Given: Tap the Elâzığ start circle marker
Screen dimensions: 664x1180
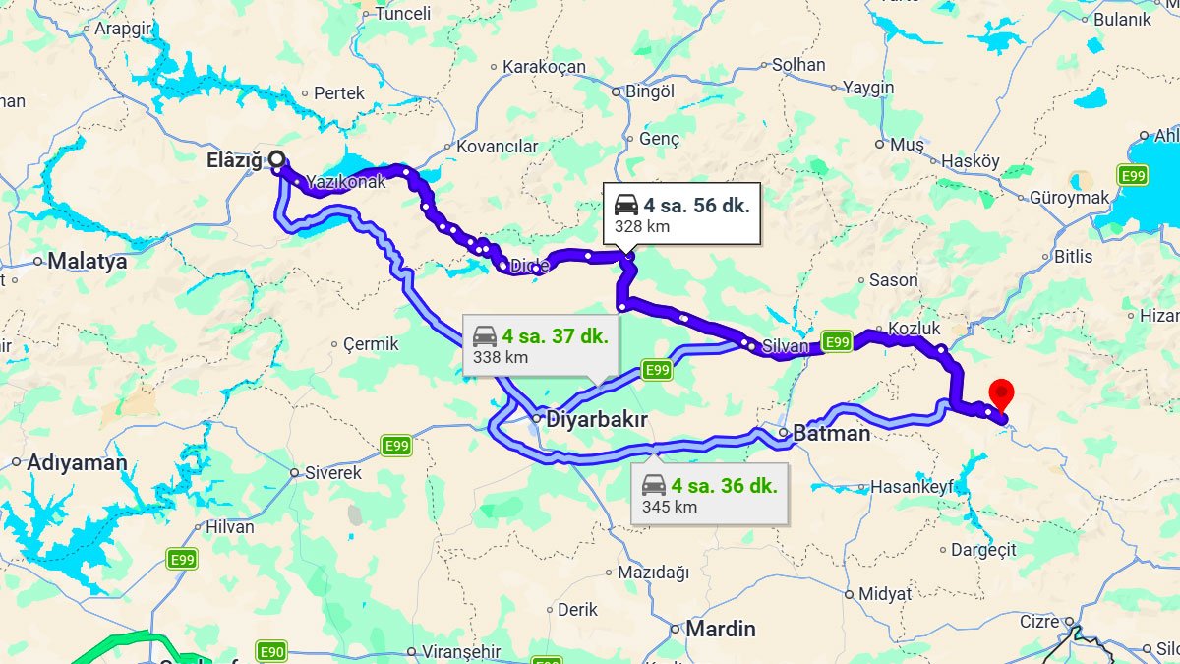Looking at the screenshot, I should [277, 158].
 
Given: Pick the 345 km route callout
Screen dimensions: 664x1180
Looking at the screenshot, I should [709, 495].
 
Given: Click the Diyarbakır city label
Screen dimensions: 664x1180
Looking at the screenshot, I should [597, 420].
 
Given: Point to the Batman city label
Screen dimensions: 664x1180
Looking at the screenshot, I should [831, 433].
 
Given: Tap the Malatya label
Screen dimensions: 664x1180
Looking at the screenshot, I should [88, 262].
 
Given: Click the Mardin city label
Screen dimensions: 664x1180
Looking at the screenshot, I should [721, 628].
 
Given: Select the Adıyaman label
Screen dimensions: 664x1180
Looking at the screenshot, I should [77, 462].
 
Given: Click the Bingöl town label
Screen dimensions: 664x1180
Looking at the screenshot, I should [651, 91].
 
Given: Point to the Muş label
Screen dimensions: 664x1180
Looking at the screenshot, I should [906, 145].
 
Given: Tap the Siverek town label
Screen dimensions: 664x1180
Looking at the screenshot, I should [332, 473].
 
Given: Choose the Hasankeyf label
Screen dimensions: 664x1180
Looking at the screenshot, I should [913, 487].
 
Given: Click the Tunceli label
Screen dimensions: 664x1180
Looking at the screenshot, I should [402, 14].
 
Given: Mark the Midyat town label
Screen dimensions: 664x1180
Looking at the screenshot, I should [885, 593].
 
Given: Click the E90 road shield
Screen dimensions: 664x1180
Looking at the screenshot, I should [271, 651].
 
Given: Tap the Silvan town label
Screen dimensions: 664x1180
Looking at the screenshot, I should [785, 346].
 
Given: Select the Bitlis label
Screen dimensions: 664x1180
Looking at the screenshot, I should [1073, 257].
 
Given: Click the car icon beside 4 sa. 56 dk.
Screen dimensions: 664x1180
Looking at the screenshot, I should [626, 205].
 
